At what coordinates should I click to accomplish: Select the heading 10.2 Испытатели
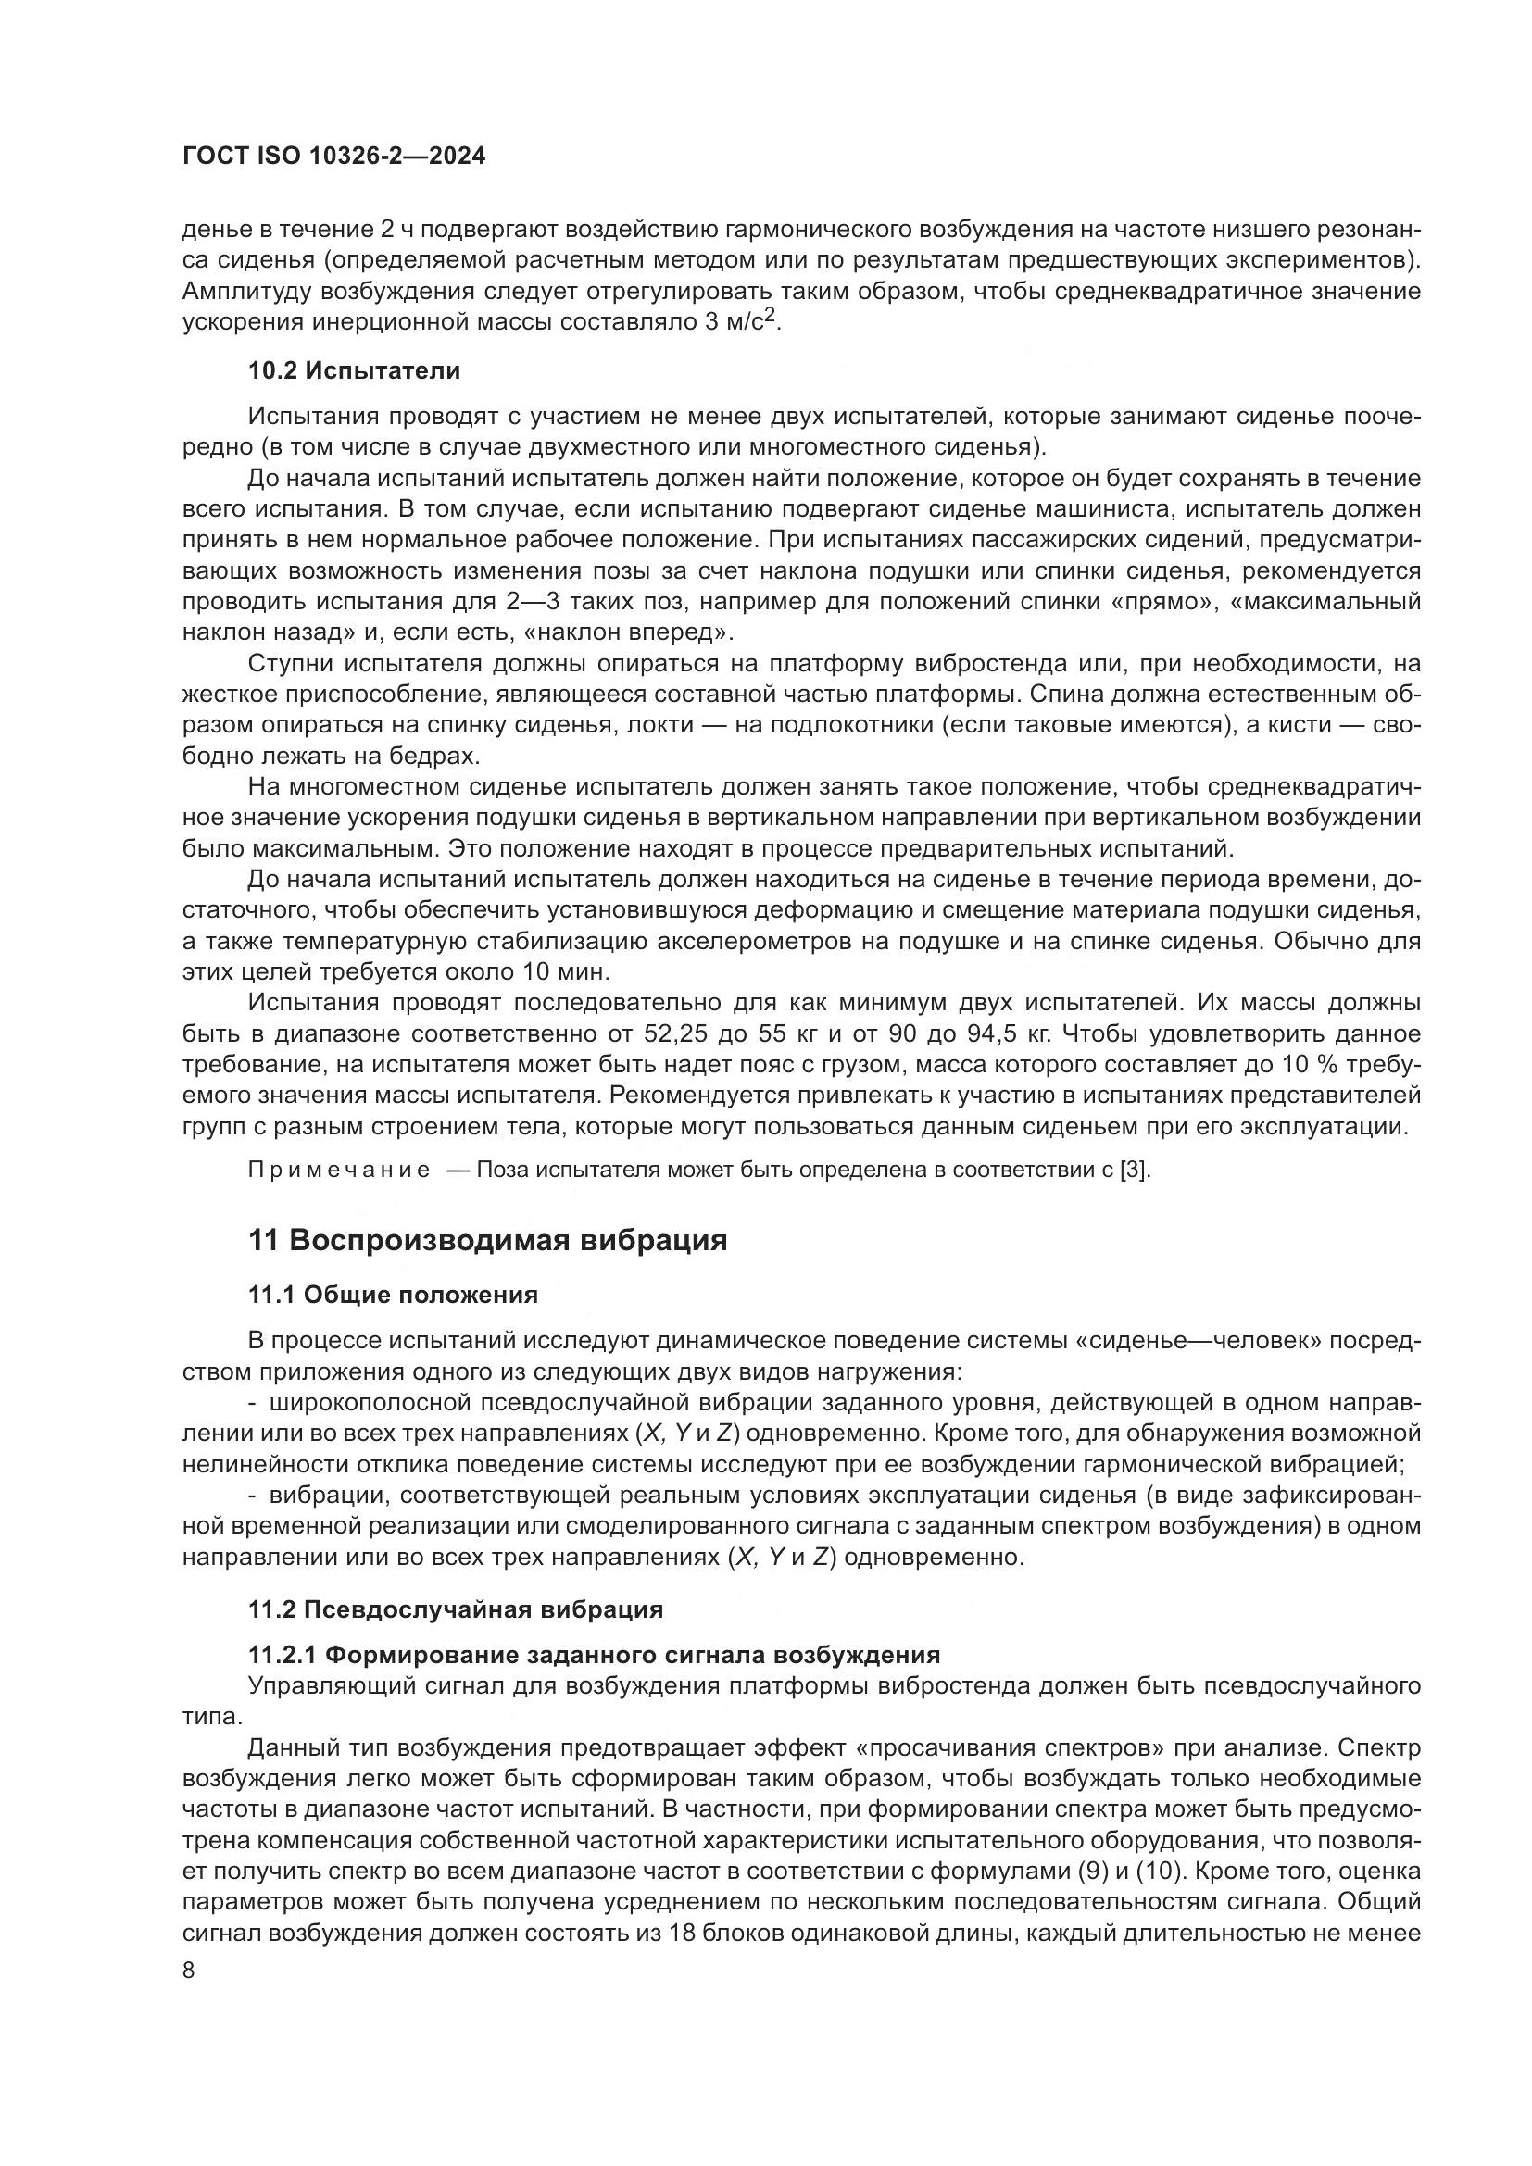coord(354,370)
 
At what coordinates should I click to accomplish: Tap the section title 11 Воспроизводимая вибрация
coord(488,1240)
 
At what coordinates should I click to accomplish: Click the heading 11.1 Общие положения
coord(393,1295)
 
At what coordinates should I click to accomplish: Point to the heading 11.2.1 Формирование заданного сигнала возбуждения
coord(594,1655)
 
